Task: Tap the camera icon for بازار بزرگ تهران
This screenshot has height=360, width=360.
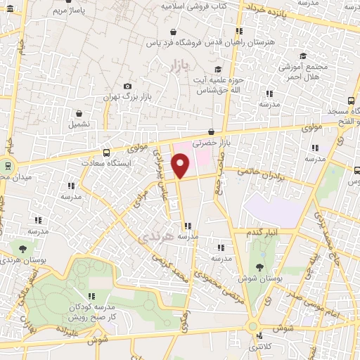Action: pyautogui.click(x=127, y=86)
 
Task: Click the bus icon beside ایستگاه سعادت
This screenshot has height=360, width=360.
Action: pyautogui.click(x=106, y=152)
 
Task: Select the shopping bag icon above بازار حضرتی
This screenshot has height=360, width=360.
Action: pyautogui.click(x=212, y=131)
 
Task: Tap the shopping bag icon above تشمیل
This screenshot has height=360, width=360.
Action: pyautogui.click(x=79, y=112)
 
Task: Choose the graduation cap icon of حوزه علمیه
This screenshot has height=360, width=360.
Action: pyautogui.click(x=218, y=69)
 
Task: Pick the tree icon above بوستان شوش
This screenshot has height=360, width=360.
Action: pyautogui.click(x=260, y=266)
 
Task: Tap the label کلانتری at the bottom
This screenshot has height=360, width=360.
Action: pyautogui.click(x=261, y=347)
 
